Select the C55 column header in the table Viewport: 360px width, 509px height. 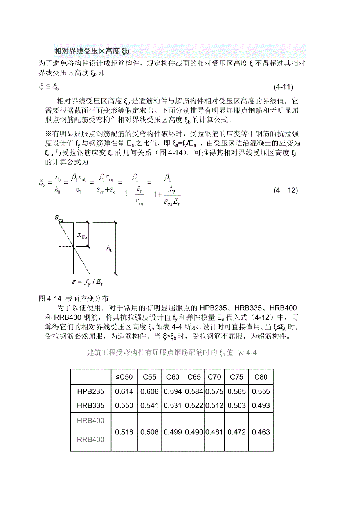point(149,377)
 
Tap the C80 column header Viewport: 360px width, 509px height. point(261,377)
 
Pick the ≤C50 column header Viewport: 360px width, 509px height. point(124,377)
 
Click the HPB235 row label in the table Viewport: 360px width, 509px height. point(91,391)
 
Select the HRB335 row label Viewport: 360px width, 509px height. point(91,405)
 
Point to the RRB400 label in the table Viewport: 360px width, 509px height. point(91,440)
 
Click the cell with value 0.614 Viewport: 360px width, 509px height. point(124,391)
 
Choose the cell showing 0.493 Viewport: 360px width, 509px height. point(261,405)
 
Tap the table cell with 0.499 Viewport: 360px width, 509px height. point(173,432)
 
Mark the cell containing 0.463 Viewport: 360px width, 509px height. point(261,432)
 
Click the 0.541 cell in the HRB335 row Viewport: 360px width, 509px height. point(149,405)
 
